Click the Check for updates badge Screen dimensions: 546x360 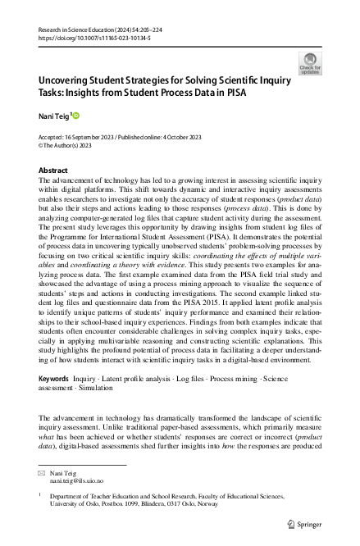[311, 63]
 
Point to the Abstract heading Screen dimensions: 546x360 [53, 170]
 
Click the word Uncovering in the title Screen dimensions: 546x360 [67, 82]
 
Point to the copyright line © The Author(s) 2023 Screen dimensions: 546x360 [67, 147]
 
